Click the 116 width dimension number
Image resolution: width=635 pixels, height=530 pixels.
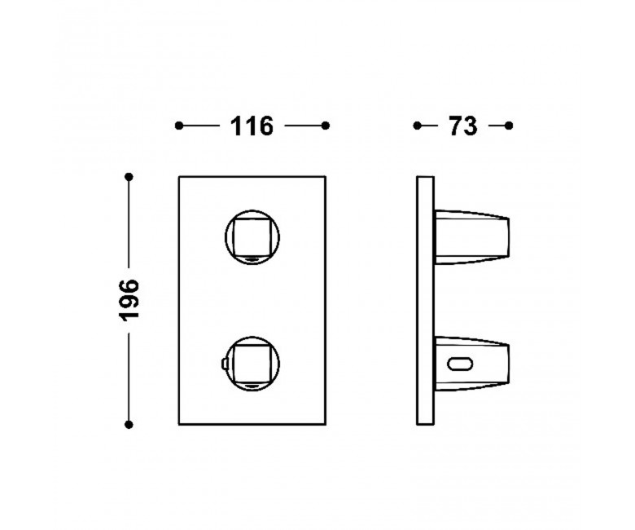tap(252, 126)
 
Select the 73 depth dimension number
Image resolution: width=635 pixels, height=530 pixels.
tap(463, 126)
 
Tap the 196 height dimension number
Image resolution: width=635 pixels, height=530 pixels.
tap(130, 301)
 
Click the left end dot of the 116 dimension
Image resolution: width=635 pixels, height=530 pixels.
tap(179, 126)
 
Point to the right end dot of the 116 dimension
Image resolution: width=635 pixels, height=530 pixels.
tap(325, 126)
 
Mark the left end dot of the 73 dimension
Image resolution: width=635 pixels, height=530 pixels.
tap(417, 126)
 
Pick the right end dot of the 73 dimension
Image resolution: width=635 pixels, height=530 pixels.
tap(509, 126)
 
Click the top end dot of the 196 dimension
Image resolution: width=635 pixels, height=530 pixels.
tap(129, 177)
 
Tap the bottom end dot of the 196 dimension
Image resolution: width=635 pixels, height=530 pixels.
tap(129, 425)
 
